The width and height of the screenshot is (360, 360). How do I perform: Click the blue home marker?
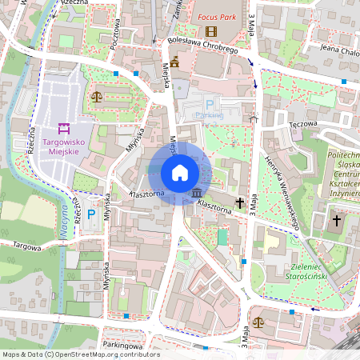pos(180,172)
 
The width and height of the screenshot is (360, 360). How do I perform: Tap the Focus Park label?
pos(218,16)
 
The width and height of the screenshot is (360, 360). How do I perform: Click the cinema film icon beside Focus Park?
pos(211,31)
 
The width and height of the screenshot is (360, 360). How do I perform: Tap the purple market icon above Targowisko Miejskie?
pos(62,128)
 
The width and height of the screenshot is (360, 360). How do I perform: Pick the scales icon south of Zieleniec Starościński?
pos(259,321)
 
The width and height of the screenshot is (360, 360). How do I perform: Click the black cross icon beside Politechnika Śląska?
pos(337,219)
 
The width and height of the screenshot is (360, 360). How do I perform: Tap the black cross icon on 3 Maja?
pos(240,203)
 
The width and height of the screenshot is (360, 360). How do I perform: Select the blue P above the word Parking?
pos(210,104)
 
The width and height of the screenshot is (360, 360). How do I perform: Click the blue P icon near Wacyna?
pos(91,214)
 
